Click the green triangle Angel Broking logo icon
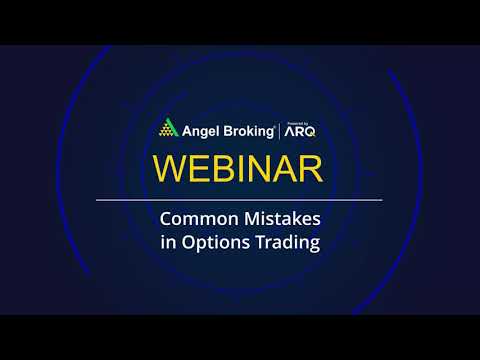tap(169, 129)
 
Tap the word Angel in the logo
tap(200, 129)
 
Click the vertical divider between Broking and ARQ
tap(283, 129)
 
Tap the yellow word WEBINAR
tap(239, 167)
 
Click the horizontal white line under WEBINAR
tap(239, 200)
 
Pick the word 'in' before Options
tap(168, 243)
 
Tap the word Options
tap(215, 243)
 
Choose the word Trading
tap(288, 243)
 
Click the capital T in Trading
tap(262, 242)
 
